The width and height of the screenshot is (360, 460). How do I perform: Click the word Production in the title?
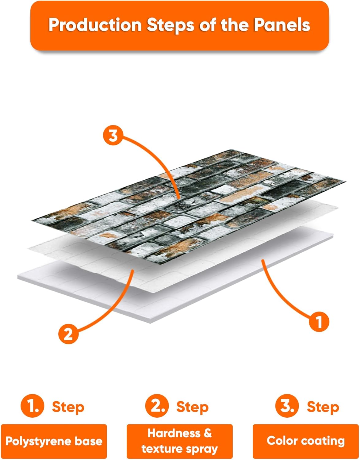[x=95, y=25]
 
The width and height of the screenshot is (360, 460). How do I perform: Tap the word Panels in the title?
[x=282, y=25]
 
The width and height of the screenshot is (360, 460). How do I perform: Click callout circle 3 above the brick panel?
[x=113, y=135]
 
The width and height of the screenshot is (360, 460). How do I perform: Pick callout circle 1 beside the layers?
[x=319, y=322]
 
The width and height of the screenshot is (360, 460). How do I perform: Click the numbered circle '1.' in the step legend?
[x=33, y=406]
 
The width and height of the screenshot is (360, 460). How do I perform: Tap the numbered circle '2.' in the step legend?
[x=157, y=406]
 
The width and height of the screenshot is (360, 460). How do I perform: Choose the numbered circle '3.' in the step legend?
[x=287, y=406]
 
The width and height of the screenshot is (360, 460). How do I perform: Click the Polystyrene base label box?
[x=54, y=441]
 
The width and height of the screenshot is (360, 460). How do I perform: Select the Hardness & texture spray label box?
[x=180, y=441]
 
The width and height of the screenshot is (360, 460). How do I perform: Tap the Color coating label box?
[x=306, y=441]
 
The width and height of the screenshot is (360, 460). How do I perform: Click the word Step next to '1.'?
[x=68, y=407]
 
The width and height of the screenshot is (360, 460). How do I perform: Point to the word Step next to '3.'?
[x=323, y=407]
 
